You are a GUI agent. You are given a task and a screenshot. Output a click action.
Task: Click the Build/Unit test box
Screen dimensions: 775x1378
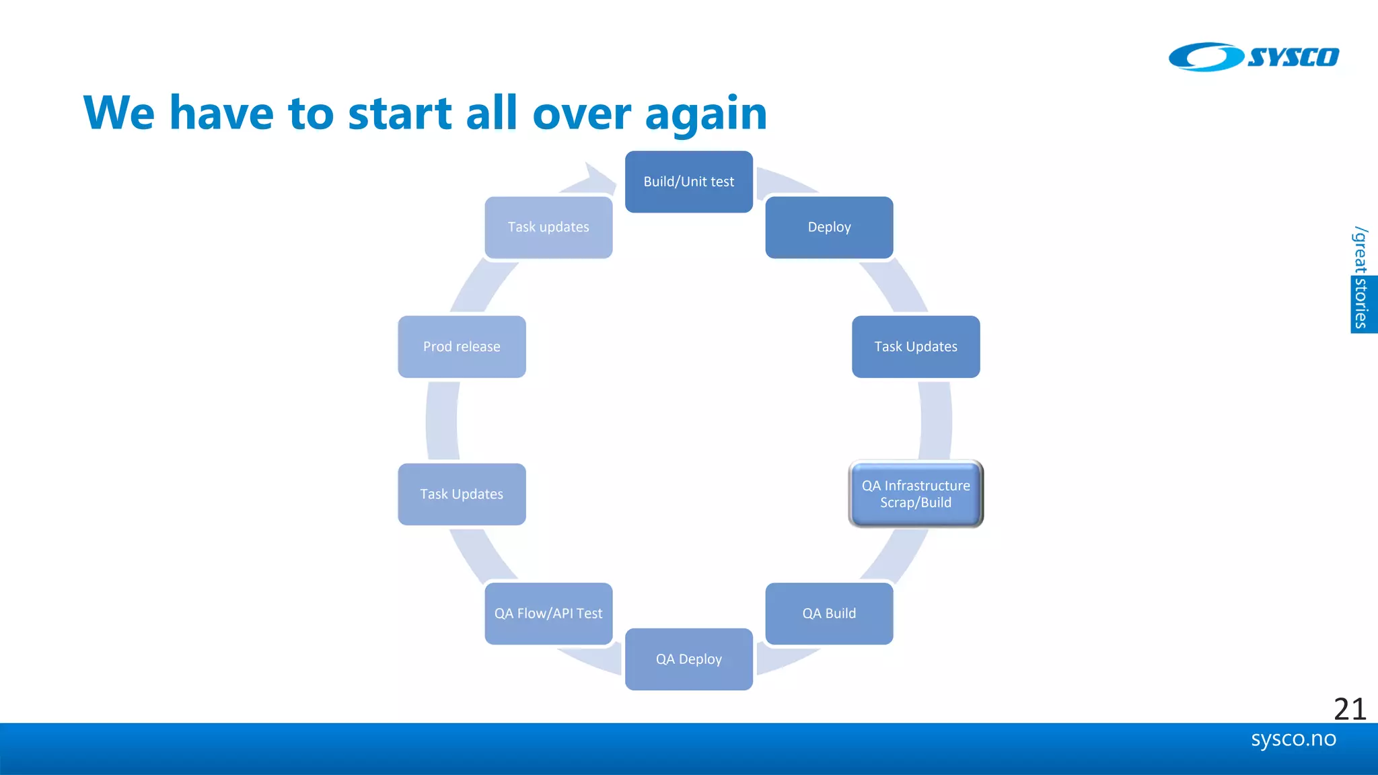pyautogui.click(x=688, y=182)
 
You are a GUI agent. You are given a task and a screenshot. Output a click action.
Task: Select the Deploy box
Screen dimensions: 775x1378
pyautogui.click(x=829, y=227)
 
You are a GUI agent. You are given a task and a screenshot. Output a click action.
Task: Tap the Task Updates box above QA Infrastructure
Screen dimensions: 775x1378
pyautogui.click(x=915, y=346)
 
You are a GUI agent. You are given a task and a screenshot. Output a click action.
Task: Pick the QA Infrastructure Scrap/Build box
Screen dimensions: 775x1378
pyautogui.click(x=915, y=494)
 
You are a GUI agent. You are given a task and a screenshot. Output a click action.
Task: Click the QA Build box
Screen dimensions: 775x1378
pyautogui.click(x=829, y=614)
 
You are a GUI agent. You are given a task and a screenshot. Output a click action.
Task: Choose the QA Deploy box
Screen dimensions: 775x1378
pyautogui.click(x=688, y=659)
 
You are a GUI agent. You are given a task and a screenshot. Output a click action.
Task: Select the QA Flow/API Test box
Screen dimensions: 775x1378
pyautogui.click(x=548, y=614)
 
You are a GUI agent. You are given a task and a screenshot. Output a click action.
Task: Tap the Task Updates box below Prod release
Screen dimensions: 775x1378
pyautogui.click(x=462, y=494)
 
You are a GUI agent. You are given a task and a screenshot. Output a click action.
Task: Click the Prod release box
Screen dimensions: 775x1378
pyautogui.click(x=462, y=346)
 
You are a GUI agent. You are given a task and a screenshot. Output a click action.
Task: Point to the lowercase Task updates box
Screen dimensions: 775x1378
pyautogui.click(x=548, y=227)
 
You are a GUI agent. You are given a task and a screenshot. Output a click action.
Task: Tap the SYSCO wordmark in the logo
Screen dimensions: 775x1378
pyautogui.click(x=1293, y=57)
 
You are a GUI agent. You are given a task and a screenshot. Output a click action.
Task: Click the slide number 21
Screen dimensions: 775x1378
pyautogui.click(x=1349, y=709)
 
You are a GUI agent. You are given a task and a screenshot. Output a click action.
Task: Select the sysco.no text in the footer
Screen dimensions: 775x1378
pyautogui.click(x=1293, y=739)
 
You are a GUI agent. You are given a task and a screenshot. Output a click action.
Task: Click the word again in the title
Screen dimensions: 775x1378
pyautogui.click(x=706, y=114)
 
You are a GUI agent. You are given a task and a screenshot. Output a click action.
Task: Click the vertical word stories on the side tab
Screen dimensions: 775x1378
pyautogui.click(x=1361, y=303)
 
